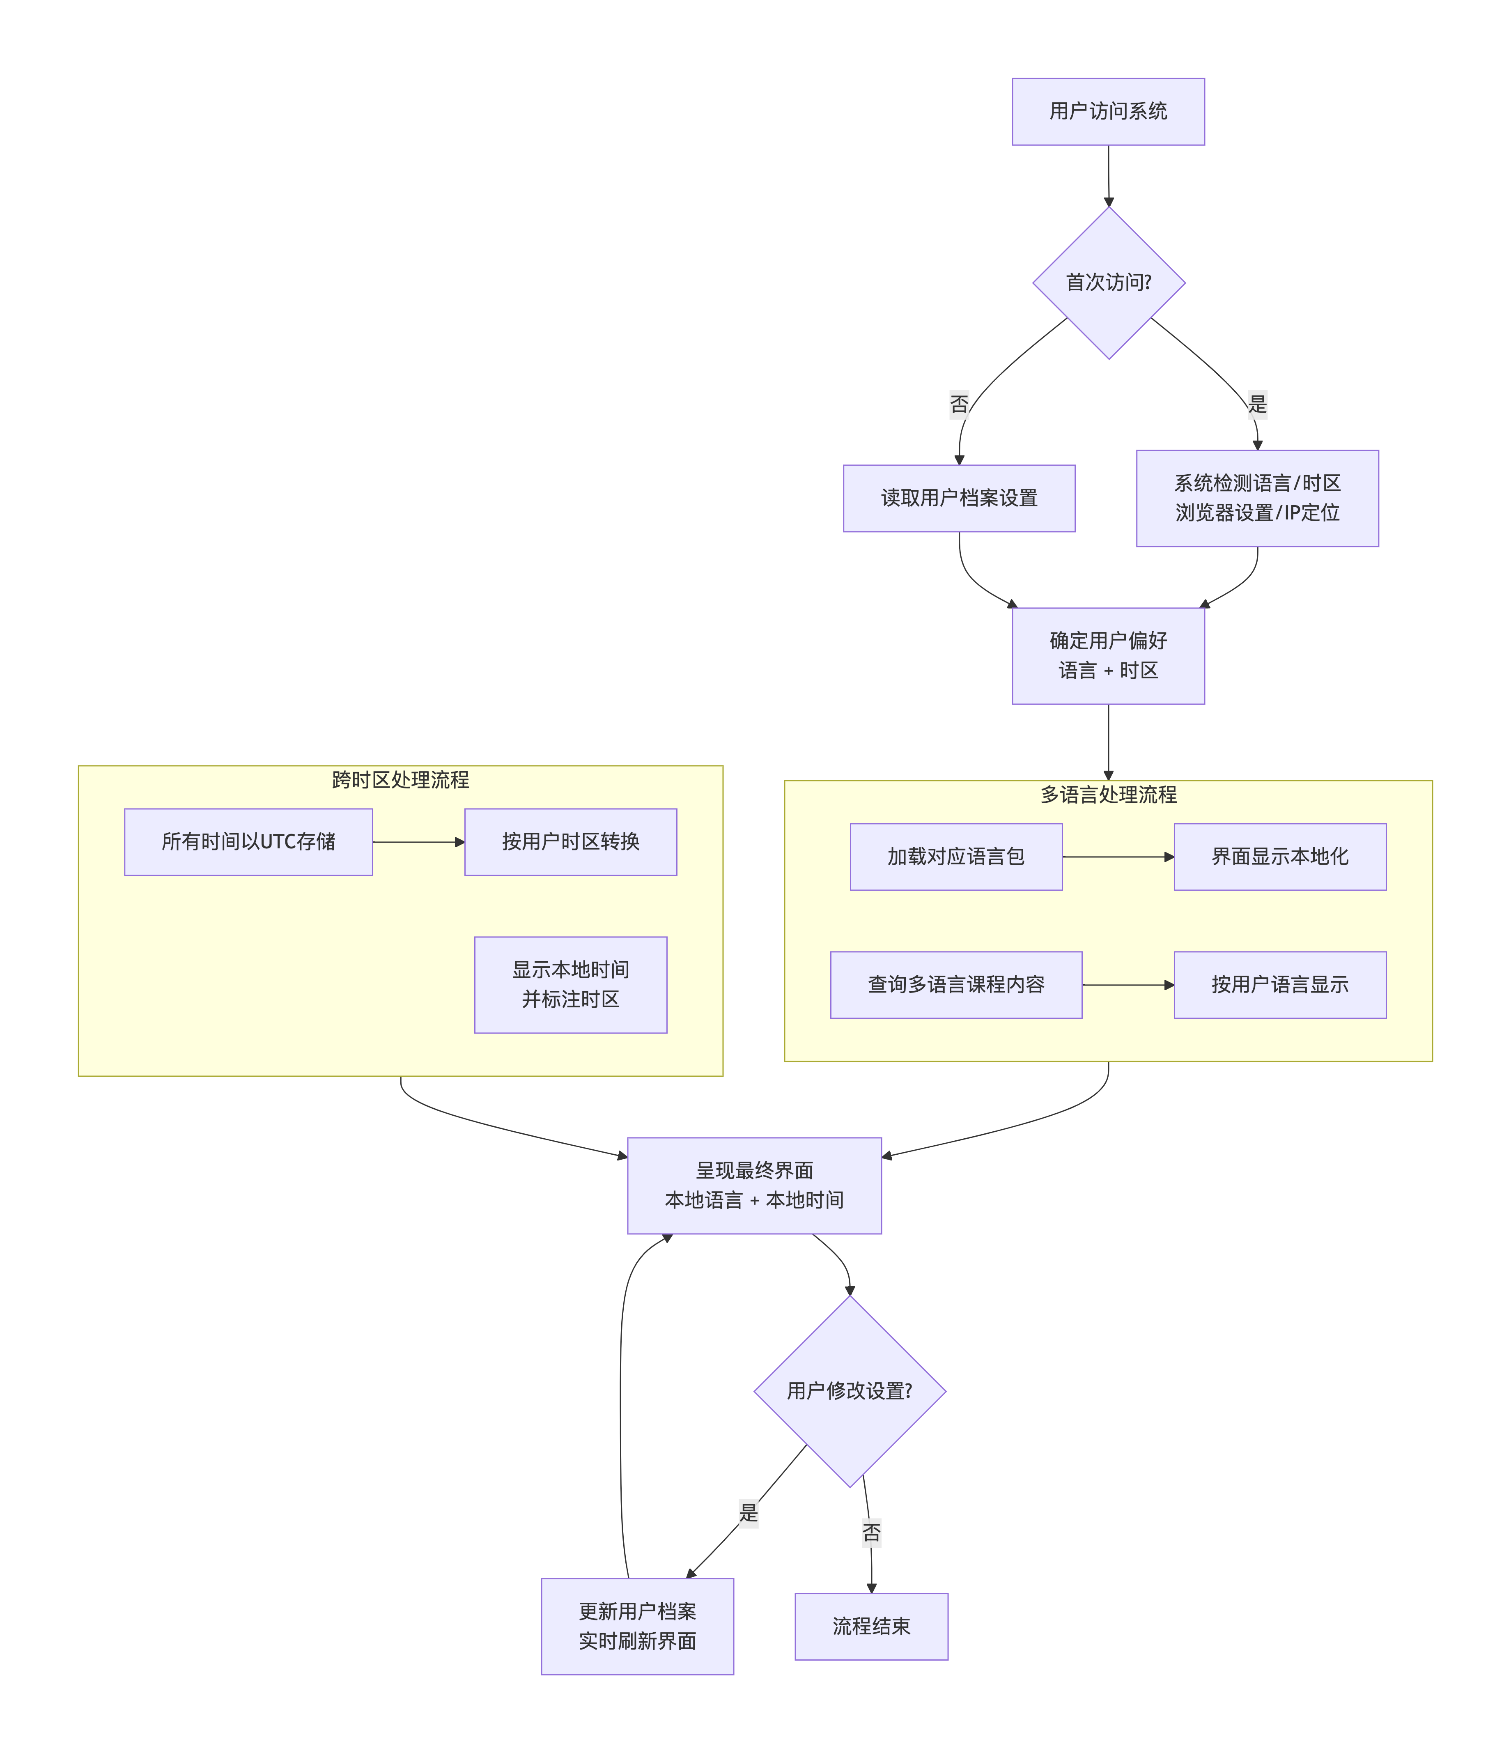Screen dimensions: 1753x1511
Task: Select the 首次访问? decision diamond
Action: point(1108,283)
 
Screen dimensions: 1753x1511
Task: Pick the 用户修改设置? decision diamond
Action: point(850,1391)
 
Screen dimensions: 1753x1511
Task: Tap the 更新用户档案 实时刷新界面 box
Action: point(637,1626)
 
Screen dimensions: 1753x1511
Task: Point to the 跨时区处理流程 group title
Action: point(400,780)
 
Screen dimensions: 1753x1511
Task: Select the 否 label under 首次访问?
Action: point(959,404)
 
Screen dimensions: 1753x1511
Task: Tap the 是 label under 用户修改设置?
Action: point(748,1513)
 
